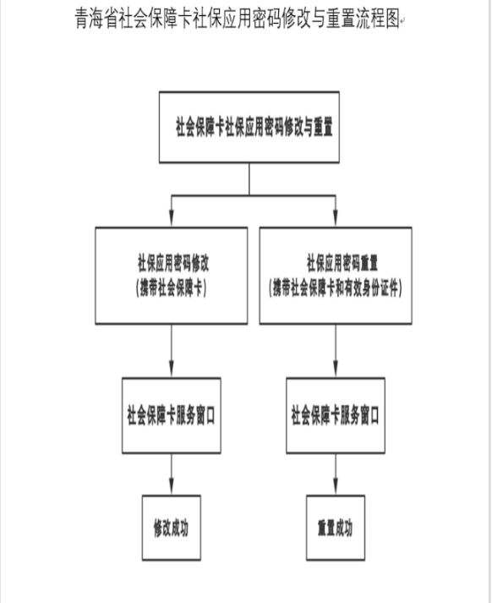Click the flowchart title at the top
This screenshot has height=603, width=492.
tap(238, 18)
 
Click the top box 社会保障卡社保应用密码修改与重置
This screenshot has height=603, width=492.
tap(249, 128)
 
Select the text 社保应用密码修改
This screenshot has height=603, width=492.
tap(173, 263)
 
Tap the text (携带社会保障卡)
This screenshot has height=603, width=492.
tap(171, 288)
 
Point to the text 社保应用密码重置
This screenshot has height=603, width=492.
tap(342, 263)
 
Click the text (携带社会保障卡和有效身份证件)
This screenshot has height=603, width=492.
tap(336, 288)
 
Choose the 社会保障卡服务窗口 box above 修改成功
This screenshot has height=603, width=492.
tap(172, 415)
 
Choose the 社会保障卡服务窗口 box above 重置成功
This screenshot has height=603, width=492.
tap(336, 415)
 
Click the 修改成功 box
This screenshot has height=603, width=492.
tap(172, 528)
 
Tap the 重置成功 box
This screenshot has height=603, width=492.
tap(336, 528)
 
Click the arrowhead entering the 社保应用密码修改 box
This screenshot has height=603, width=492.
tap(172, 218)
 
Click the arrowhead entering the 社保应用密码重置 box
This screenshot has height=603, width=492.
tap(336, 218)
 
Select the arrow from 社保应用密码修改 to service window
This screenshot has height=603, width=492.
tap(172, 351)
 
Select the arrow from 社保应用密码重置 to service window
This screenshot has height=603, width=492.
tap(336, 351)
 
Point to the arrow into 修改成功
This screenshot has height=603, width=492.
tap(172, 474)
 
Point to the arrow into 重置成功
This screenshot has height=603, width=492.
tap(336, 474)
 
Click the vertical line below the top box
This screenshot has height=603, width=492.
tap(249, 179)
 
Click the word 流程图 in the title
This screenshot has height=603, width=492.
tap(378, 18)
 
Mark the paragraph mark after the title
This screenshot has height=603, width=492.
tap(402, 22)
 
